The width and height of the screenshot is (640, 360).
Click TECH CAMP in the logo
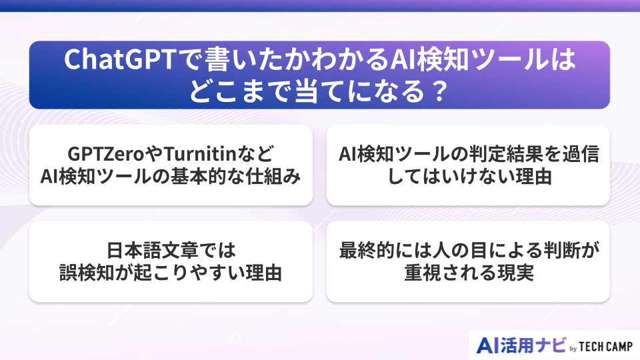click(x=604, y=347)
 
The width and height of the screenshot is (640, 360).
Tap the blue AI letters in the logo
click(x=489, y=345)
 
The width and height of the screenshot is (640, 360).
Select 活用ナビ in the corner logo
click(x=533, y=345)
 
